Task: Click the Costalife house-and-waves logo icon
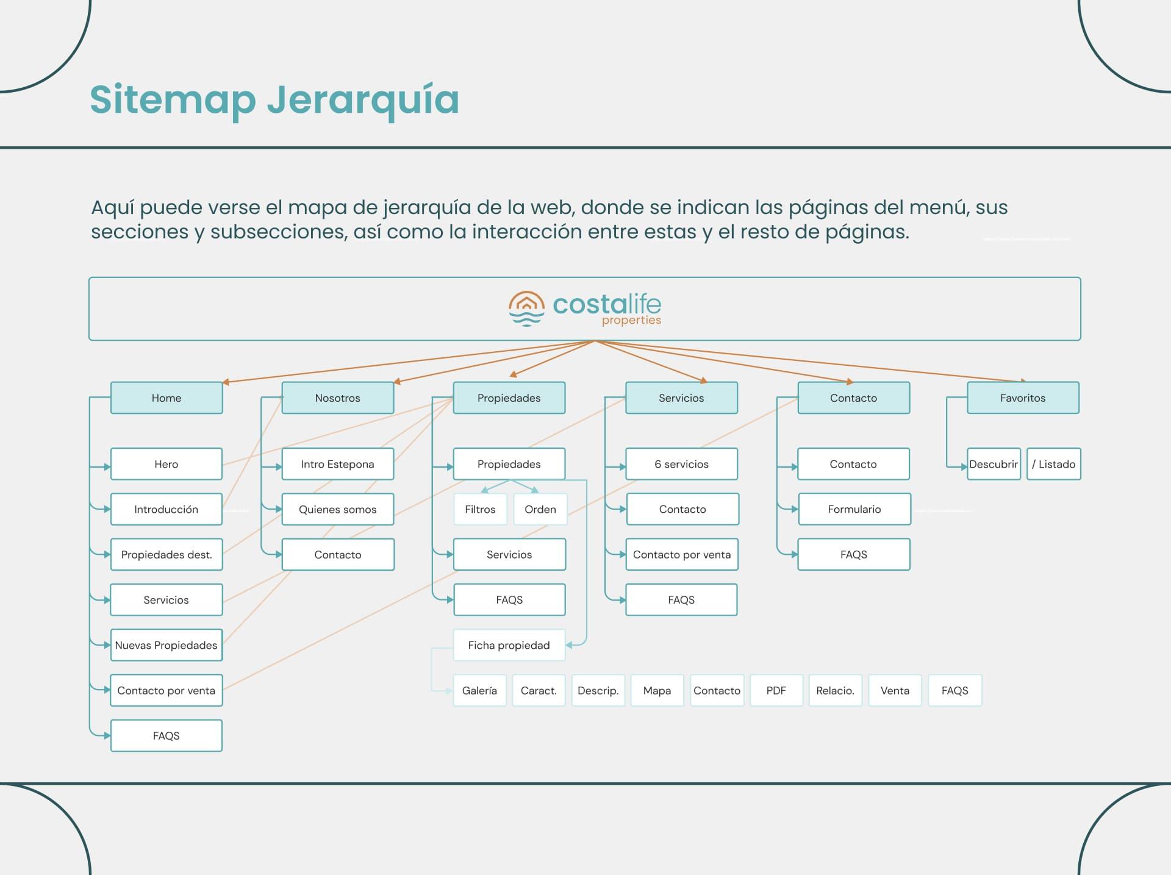(x=526, y=309)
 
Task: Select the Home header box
(x=167, y=398)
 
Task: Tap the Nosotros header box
(x=338, y=398)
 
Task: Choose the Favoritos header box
(x=1023, y=398)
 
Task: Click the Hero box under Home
(x=167, y=464)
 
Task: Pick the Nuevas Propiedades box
(x=167, y=645)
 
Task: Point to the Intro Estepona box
(x=338, y=464)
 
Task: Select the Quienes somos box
(x=338, y=509)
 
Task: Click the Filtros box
(x=480, y=509)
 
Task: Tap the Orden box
(x=540, y=509)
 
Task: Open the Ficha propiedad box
(x=509, y=645)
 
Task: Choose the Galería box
(x=479, y=690)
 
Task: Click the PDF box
(x=776, y=690)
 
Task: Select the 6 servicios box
(x=681, y=464)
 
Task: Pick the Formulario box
(x=854, y=509)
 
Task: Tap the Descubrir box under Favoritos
(x=994, y=464)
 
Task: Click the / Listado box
(x=1054, y=464)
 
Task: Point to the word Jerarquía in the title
(x=363, y=100)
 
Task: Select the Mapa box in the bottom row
(x=657, y=690)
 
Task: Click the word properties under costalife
(x=632, y=321)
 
